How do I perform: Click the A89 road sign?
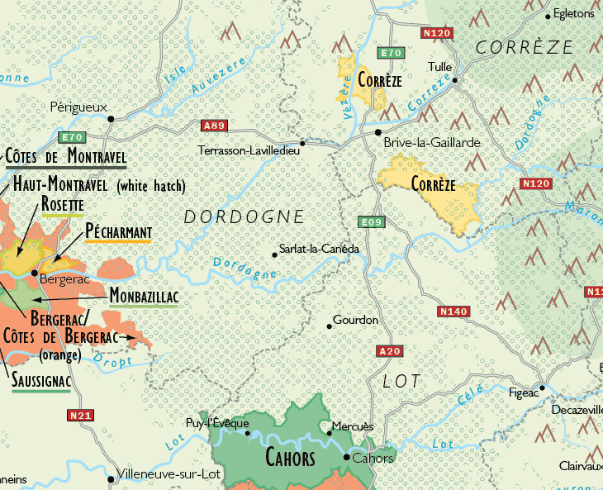point(214,126)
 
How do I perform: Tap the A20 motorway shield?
point(389,351)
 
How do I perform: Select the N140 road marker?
point(453,312)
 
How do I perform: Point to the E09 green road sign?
point(369,222)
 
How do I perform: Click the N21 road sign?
point(80,416)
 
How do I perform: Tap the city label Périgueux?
point(78,107)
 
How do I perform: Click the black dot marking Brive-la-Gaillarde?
point(378,132)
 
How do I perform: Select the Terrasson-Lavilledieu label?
point(249,150)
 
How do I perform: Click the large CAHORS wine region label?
point(290,458)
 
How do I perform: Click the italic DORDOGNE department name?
point(244,217)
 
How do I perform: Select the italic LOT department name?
point(401,381)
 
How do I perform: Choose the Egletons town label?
point(573,14)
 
